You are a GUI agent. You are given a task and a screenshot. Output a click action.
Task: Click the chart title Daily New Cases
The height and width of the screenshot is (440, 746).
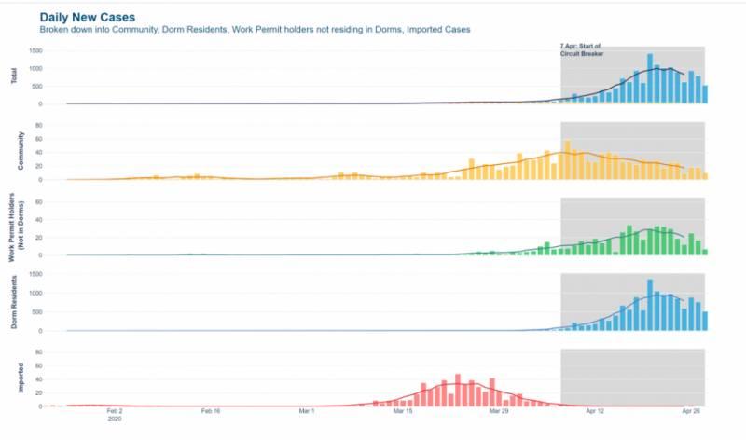coord(88,17)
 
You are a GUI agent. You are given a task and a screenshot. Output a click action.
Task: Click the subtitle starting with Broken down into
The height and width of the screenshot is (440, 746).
coord(255,30)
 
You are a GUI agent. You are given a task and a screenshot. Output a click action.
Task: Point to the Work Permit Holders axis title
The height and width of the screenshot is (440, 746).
coord(17,227)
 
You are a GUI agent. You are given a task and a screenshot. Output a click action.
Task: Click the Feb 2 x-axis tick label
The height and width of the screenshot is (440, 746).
coord(115,411)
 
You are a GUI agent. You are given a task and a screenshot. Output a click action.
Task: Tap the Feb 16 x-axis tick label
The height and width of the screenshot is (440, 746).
coord(211,411)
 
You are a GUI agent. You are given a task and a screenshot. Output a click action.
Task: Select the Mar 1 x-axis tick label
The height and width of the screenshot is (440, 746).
coord(307,411)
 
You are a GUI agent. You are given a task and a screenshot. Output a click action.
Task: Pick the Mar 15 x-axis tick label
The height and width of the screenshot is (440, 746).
coord(403,411)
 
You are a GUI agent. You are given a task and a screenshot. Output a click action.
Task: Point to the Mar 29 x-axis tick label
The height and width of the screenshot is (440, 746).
coord(500,411)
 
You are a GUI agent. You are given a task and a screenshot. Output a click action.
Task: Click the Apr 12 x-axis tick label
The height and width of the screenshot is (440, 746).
coord(596,411)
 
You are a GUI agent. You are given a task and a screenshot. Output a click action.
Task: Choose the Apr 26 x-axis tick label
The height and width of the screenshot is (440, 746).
coord(691,411)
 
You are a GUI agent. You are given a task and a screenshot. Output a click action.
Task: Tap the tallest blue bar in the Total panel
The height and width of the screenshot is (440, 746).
coord(650,79)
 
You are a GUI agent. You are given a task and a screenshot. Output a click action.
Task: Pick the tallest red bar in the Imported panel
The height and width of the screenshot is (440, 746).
coord(457,391)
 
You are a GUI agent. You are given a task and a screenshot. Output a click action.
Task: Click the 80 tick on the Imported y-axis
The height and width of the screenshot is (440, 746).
coord(41,351)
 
